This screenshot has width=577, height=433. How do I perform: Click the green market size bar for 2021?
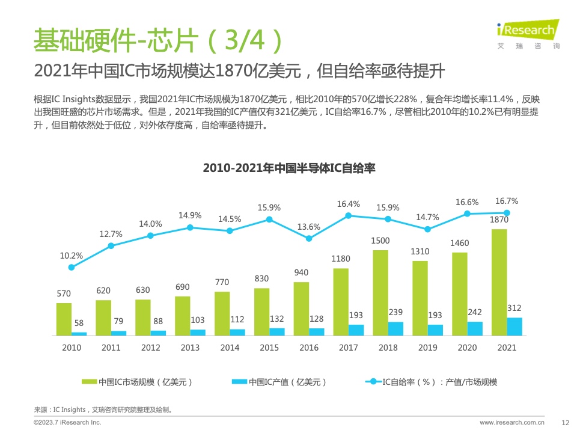pyautogui.click(x=499, y=281)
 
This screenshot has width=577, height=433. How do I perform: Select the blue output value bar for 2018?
pyautogui.click(x=395, y=328)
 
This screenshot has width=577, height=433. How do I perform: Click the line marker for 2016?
pyautogui.click(x=309, y=238)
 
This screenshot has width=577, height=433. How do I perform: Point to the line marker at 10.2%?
pyautogui.click(x=72, y=268)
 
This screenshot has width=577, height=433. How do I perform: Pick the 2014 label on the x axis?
pyautogui.click(x=230, y=348)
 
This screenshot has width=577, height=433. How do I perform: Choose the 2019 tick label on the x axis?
pyautogui.click(x=427, y=348)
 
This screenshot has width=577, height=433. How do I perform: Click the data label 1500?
pyautogui.click(x=380, y=241)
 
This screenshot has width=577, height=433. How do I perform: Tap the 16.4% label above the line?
pyautogui.click(x=348, y=204)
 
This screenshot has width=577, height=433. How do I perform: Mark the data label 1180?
pyautogui.click(x=340, y=259)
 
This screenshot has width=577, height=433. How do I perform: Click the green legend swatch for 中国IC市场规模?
pyautogui.click(x=89, y=382)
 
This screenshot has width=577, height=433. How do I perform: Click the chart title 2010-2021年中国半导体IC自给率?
pyautogui.click(x=288, y=168)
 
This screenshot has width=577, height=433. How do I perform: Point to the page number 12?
pyautogui.click(x=564, y=423)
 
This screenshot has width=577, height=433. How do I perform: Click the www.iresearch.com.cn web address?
pyautogui.click(x=511, y=423)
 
